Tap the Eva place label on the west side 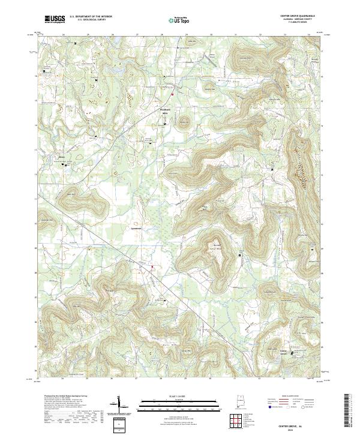(61, 157)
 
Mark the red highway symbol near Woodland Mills (172, 94)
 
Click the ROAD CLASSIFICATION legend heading (295, 397)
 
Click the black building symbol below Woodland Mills (166, 124)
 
